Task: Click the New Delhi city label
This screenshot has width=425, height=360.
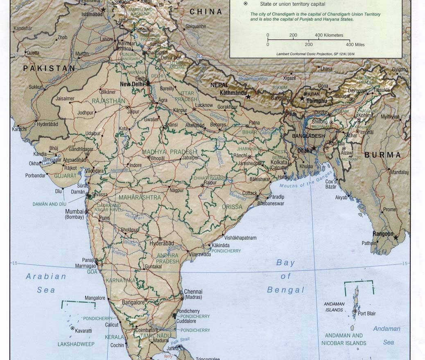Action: (x=133, y=84)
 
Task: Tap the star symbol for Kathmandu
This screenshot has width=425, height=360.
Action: (x=248, y=97)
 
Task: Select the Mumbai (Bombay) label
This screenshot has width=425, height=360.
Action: (x=75, y=214)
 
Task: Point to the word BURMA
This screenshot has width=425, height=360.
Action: (x=382, y=155)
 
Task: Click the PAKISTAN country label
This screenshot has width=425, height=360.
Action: (x=49, y=69)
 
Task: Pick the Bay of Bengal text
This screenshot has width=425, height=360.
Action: (x=285, y=276)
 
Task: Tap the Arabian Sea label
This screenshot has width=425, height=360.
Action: (x=46, y=283)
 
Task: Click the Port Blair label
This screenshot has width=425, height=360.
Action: (x=367, y=314)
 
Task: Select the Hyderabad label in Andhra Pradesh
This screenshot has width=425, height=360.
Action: (x=162, y=243)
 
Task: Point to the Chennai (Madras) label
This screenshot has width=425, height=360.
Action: (x=193, y=294)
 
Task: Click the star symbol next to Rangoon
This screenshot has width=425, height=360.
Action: (x=396, y=237)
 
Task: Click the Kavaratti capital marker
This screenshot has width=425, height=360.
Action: (x=72, y=328)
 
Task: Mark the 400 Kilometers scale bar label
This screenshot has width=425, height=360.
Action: (x=329, y=35)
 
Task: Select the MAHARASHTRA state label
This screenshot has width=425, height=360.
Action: (x=140, y=198)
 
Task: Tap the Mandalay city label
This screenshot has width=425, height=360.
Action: (x=399, y=172)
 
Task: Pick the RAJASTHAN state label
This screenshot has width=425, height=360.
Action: (x=109, y=101)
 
